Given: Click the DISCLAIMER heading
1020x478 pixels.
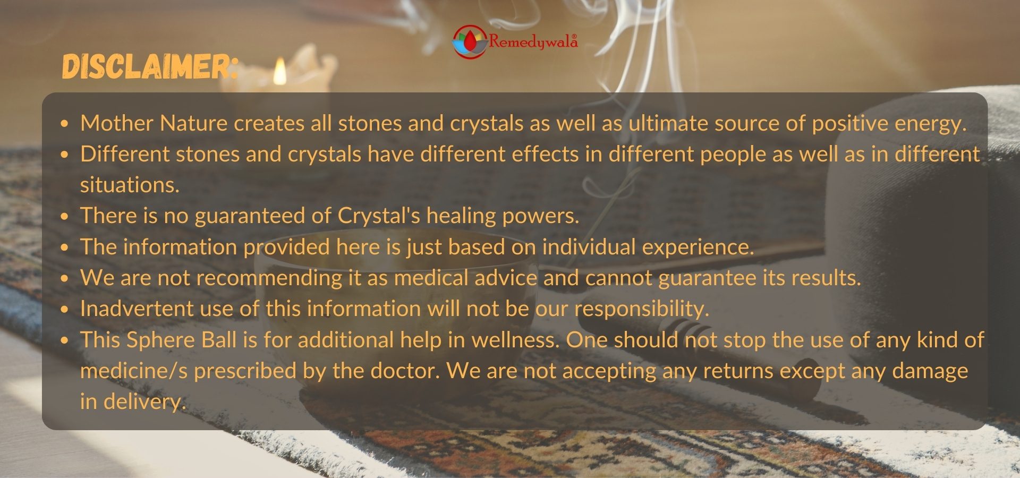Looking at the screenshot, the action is pyautogui.click(x=150, y=67).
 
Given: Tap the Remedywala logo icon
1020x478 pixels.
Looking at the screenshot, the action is pyautogui.click(x=470, y=41).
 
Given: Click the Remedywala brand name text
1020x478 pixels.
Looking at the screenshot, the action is pyautogui.click(x=533, y=41).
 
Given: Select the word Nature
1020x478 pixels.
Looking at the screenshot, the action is pyautogui.click(x=193, y=123).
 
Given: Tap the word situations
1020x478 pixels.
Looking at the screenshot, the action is pyautogui.click(x=130, y=185).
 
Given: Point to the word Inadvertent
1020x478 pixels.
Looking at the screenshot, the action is pyautogui.click(x=137, y=309).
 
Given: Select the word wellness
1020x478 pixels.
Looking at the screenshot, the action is pyautogui.click(x=515, y=340).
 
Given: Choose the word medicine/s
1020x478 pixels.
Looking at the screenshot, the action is pyautogui.click(x=134, y=371).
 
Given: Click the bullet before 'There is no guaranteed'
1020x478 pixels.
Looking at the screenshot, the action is pyautogui.click(x=65, y=217).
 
